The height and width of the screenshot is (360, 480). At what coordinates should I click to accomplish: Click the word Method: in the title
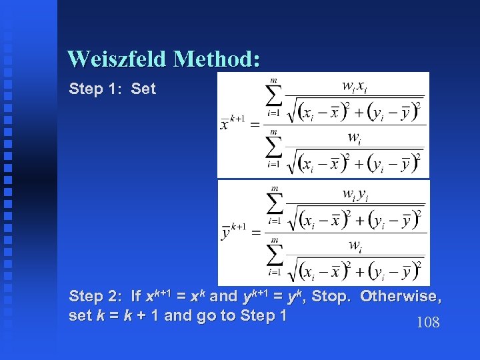click(215, 59)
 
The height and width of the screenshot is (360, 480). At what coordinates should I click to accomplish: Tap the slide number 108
click(427, 323)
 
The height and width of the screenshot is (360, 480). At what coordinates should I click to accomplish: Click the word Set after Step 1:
click(143, 89)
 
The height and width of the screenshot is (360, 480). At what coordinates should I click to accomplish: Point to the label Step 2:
click(95, 296)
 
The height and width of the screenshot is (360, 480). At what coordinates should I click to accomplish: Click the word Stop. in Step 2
click(330, 296)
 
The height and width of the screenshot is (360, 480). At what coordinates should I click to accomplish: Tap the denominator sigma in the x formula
click(273, 151)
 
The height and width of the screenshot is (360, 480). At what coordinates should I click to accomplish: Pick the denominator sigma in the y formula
click(273, 257)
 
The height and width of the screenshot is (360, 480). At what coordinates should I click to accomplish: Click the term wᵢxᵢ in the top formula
click(353, 87)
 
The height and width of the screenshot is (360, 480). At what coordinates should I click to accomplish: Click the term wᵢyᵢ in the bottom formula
click(353, 194)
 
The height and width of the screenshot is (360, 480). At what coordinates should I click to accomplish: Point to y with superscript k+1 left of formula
click(233, 231)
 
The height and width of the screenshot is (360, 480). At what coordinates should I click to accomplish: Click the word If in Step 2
click(136, 296)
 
